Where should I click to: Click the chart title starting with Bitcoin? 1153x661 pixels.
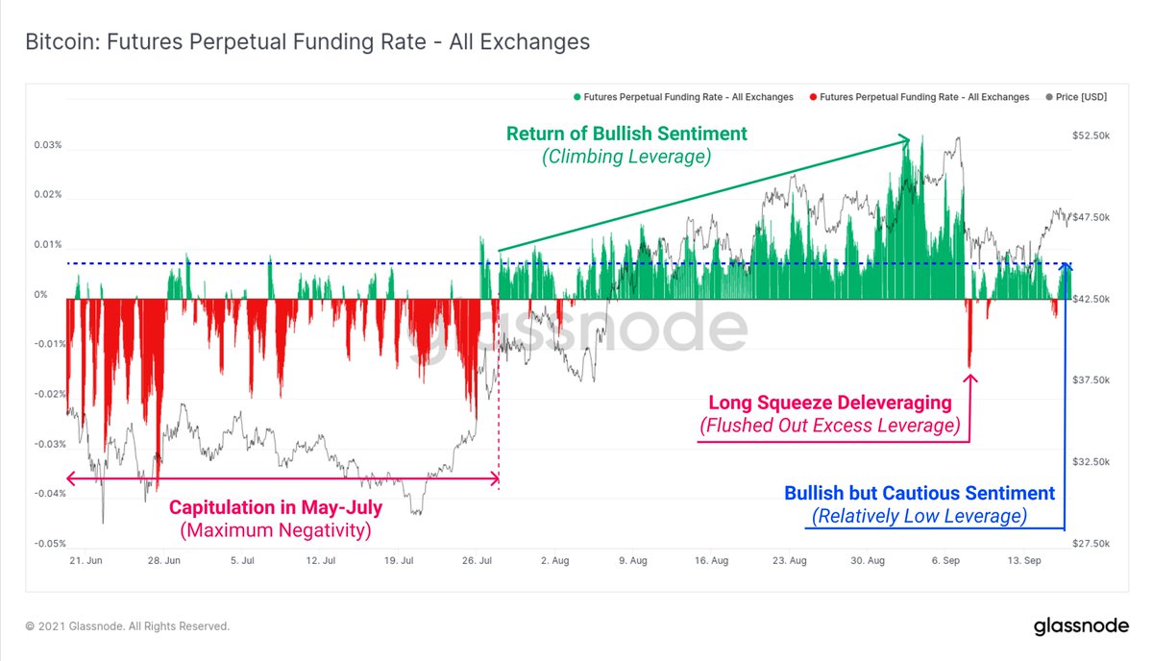click(x=307, y=42)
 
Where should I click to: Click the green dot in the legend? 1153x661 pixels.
click(x=577, y=97)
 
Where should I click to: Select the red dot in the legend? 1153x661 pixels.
click(x=813, y=97)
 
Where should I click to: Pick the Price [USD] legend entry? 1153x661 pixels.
click(x=1080, y=97)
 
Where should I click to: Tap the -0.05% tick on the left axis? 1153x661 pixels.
click(x=48, y=544)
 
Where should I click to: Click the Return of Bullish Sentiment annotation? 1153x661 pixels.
click(x=626, y=134)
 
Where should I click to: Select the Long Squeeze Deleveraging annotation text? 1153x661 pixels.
click(x=829, y=403)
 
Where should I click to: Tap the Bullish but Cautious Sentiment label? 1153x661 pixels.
click(x=919, y=493)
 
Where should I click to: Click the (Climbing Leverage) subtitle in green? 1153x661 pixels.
click(x=626, y=158)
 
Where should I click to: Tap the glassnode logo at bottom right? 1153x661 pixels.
click(x=1080, y=626)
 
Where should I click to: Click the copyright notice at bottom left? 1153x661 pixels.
click(x=128, y=626)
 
